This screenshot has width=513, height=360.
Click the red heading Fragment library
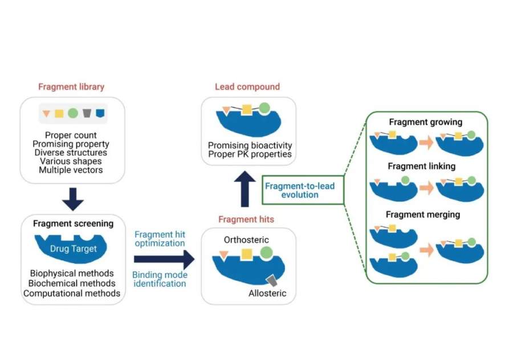click(x=71, y=87)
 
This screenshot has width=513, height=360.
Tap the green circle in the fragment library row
click(x=73, y=113)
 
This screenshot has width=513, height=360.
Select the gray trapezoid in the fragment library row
click(x=87, y=113)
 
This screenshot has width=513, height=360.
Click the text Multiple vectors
click(x=72, y=170)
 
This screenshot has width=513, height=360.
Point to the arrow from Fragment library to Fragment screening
click(x=72, y=198)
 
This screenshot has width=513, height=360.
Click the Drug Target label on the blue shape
click(x=74, y=248)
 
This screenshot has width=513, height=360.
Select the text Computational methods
click(x=72, y=293)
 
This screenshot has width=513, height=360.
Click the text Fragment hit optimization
click(x=160, y=239)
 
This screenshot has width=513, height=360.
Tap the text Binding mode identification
click(x=160, y=278)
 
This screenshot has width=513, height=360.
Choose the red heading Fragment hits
click(x=246, y=219)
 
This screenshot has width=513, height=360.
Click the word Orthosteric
click(x=246, y=240)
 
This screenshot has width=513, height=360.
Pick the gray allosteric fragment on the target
click(x=271, y=280)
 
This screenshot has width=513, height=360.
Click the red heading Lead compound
click(x=247, y=87)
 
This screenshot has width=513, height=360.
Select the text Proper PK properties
click(x=250, y=154)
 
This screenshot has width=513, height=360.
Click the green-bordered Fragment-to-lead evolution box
click(x=303, y=191)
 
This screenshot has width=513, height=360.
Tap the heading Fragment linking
click(x=421, y=166)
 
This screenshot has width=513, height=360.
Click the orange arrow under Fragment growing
click(x=426, y=144)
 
